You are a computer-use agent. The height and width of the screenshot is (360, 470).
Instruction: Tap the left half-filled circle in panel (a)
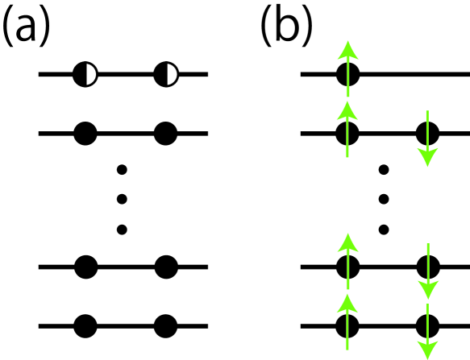85,75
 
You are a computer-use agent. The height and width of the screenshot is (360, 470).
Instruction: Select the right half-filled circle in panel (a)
166,75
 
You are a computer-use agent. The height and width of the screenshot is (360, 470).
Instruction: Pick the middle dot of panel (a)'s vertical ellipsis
123,199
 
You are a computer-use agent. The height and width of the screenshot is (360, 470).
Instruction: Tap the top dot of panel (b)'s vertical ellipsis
385,170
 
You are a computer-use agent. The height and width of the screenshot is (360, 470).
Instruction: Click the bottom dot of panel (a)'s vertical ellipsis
123,230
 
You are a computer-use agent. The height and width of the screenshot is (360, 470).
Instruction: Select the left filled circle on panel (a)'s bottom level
85,326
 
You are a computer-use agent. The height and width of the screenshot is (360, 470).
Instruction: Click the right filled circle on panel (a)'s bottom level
166,326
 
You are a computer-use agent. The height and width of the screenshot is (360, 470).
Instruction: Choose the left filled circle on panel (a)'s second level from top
85,132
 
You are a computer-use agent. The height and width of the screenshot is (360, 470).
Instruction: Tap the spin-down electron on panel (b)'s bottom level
428,326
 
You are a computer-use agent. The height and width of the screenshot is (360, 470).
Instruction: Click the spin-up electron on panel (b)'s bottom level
347,326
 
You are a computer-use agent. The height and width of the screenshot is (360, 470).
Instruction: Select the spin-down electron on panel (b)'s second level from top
428,132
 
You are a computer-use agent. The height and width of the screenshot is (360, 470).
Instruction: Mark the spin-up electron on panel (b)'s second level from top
347,132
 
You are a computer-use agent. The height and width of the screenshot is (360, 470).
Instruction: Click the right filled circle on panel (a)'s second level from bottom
166,265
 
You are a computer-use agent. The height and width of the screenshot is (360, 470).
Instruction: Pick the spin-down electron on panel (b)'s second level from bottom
428,265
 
